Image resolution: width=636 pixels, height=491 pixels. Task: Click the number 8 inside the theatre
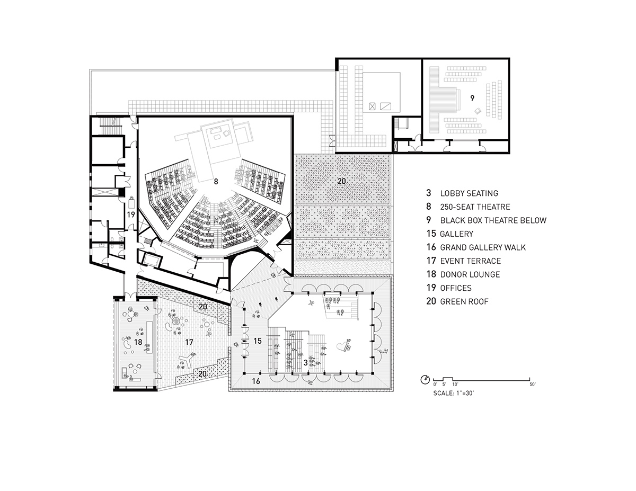pos(216,182)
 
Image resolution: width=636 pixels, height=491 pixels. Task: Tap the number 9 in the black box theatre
pos(472,99)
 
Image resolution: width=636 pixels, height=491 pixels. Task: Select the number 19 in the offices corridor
pos(131,215)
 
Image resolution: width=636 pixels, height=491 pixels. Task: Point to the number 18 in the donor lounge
pos(138,342)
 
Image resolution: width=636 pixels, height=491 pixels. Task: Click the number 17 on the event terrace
pos(189,342)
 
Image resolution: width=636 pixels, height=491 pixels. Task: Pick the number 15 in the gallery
pos(257,341)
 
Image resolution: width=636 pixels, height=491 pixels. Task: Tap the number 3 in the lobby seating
pos(306,363)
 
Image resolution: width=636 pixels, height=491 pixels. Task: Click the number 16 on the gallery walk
pos(256,381)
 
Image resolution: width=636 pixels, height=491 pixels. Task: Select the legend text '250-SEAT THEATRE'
pos(475,207)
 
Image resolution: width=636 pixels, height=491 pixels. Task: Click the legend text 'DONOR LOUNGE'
pos(470,274)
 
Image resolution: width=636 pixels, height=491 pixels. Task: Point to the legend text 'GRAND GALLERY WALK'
pos(483,247)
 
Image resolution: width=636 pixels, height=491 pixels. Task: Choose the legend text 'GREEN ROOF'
pos(464,301)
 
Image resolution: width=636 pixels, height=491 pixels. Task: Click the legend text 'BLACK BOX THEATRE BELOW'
pos(493,220)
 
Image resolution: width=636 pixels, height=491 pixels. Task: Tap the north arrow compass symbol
pos(425,380)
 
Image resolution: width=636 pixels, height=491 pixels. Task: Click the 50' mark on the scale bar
pos(533,384)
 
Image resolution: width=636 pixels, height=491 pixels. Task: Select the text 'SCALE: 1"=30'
pos(453,394)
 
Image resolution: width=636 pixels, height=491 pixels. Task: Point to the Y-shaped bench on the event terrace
pos(187,360)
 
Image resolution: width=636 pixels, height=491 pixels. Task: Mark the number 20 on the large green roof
pos(341,181)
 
